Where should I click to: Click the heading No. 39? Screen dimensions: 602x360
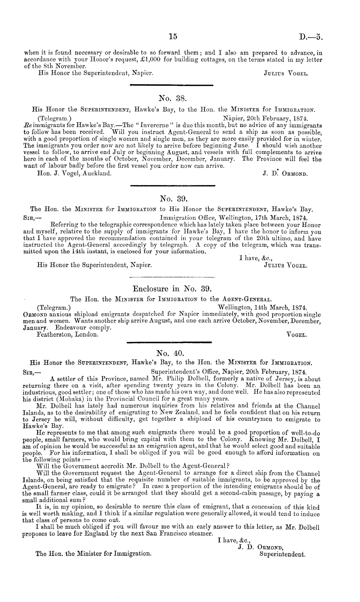(x=172, y=197)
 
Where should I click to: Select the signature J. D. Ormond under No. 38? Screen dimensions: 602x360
(x=285, y=174)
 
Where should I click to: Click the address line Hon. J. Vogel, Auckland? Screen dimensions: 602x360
(x=75, y=174)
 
